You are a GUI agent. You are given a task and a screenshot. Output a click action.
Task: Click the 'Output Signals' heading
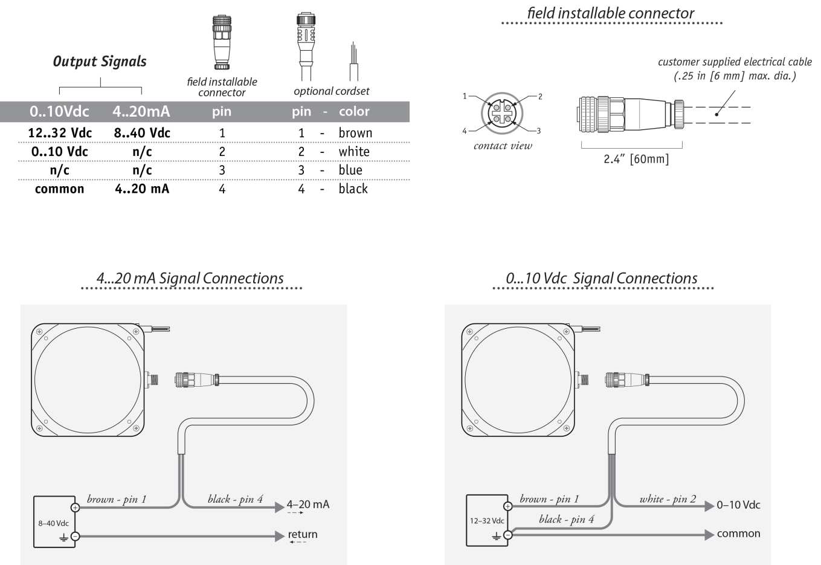click(x=100, y=62)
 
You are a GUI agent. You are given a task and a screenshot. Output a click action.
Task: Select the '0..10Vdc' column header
click(x=59, y=111)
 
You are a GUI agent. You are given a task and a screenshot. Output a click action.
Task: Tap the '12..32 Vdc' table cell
click(x=60, y=133)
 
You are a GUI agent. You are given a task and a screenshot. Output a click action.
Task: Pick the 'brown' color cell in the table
click(x=355, y=133)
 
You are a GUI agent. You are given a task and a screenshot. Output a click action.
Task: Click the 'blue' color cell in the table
click(x=350, y=170)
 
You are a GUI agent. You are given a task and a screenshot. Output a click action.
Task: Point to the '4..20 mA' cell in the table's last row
click(x=142, y=189)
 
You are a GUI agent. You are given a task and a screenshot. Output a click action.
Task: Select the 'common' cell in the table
click(x=59, y=189)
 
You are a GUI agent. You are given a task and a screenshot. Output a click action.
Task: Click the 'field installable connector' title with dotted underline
click(x=610, y=13)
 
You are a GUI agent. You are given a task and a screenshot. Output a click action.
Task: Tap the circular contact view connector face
click(x=502, y=114)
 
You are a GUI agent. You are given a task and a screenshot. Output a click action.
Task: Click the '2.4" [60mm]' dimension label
click(x=636, y=160)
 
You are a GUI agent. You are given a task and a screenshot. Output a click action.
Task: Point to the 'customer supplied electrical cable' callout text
click(x=735, y=62)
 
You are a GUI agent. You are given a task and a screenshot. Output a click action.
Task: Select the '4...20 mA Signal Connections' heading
click(x=190, y=279)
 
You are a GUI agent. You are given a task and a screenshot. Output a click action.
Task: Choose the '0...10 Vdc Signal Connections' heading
click(x=602, y=279)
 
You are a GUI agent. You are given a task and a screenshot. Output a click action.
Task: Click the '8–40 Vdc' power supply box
click(x=54, y=521)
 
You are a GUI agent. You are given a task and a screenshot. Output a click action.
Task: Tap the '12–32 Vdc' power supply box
click(x=487, y=520)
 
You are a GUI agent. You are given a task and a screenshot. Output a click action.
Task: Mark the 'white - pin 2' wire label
click(x=668, y=499)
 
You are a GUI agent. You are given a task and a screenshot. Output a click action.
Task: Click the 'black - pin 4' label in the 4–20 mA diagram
click(x=235, y=499)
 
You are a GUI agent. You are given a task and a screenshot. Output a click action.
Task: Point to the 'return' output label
click(x=303, y=535)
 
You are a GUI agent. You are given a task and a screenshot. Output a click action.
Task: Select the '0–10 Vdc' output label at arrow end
click(x=738, y=505)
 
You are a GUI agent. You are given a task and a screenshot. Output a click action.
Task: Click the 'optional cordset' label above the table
click(x=331, y=91)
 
